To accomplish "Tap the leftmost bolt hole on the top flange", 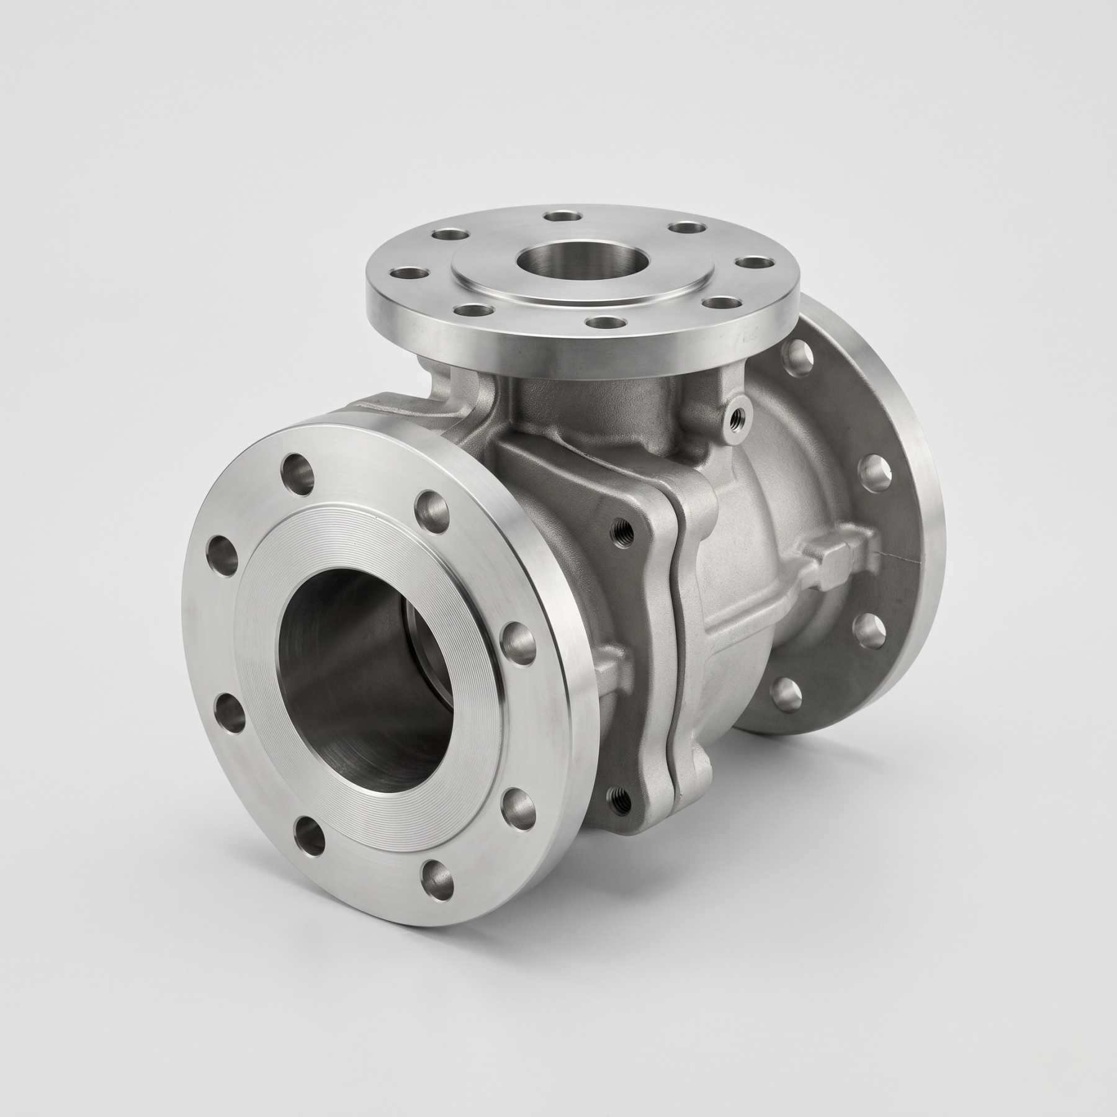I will (405, 272).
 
